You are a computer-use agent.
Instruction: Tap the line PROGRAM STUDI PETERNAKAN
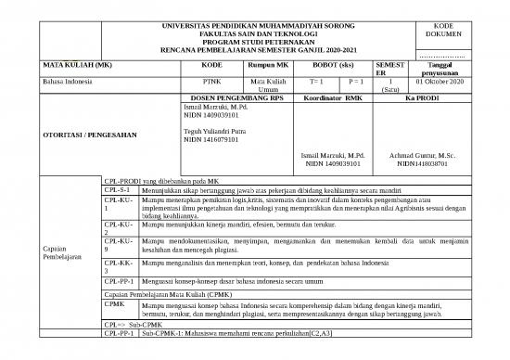(271, 40)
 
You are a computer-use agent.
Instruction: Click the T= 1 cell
(313, 82)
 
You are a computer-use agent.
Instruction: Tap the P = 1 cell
(355, 82)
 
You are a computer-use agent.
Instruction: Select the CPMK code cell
(114, 304)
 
